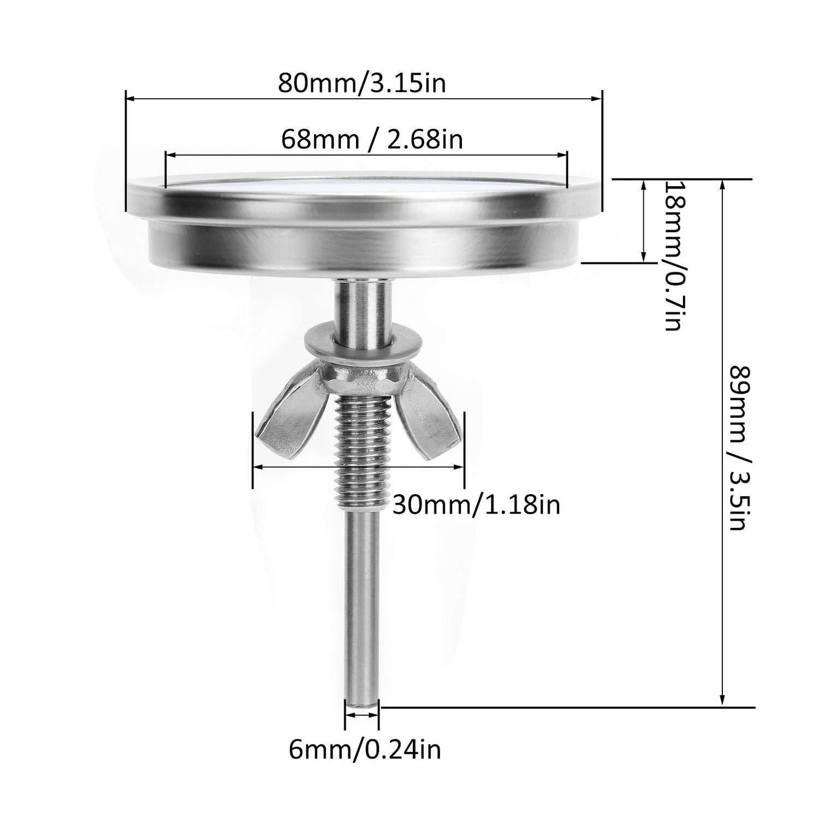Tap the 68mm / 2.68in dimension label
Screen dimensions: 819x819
tap(372, 139)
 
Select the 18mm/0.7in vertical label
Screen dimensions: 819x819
tap(672, 256)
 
